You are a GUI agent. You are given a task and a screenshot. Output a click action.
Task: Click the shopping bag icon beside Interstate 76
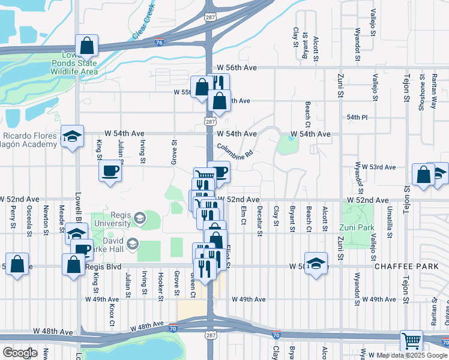pos(87,45)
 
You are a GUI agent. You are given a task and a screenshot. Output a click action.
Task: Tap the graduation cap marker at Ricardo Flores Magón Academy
pos(72,137)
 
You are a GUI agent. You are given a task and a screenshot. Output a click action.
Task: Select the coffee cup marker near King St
pos(110,170)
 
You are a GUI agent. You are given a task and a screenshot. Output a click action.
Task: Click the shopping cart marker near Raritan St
pos(411,340)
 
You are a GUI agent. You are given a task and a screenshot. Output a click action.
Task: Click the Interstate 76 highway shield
pos(158,42)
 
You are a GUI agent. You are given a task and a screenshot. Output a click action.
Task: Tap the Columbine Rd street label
pos(235,150)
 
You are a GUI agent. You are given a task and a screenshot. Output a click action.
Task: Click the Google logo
pos(19,352)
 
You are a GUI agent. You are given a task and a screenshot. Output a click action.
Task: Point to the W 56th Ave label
pos(237,68)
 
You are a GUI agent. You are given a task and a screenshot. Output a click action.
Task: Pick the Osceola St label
pos(29,217)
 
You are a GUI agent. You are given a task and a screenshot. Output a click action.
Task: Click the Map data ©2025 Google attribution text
pos(412,355)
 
